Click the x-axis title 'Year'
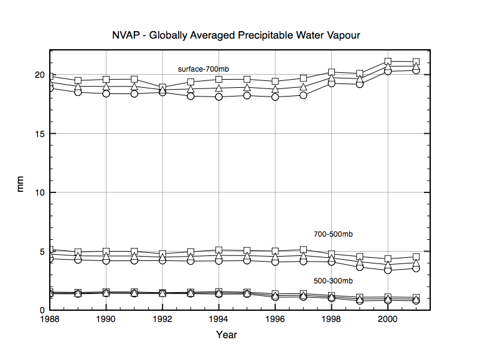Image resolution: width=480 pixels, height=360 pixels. [x=226, y=334]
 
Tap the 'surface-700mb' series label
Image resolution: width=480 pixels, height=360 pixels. [x=203, y=69]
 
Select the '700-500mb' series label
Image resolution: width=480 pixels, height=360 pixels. [x=333, y=234]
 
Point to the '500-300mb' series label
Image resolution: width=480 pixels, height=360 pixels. [x=333, y=280]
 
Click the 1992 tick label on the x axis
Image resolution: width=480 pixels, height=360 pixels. [x=162, y=320]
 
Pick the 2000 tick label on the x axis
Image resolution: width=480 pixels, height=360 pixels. [x=388, y=320]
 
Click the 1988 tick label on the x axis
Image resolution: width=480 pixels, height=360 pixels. [x=50, y=320]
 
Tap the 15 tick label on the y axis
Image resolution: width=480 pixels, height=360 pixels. [x=39, y=134]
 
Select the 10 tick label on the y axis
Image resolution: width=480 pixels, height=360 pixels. [x=39, y=192]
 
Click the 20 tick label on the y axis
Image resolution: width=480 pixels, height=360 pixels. [x=39, y=75]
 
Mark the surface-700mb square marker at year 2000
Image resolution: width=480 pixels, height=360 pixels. [x=388, y=62]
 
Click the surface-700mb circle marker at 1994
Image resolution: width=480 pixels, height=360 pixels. [x=219, y=97]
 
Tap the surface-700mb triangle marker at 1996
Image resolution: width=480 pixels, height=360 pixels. [x=275, y=89]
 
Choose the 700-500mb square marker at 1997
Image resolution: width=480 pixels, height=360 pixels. [x=303, y=250]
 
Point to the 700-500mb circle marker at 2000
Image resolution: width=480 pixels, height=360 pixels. [x=388, y=270]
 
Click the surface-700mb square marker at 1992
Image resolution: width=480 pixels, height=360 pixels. [x=162, y=87]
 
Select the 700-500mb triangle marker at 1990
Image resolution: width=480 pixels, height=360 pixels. [x=106, y=256]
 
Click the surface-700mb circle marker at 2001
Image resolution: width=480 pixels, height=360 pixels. [x=416, y=70]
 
